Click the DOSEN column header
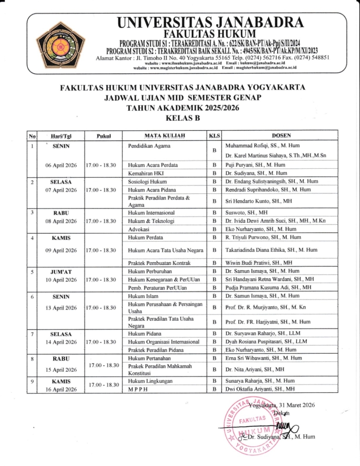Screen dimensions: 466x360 point(281,135)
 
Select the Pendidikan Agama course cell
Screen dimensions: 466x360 point(147,147)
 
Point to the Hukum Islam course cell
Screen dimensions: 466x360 point(142,296)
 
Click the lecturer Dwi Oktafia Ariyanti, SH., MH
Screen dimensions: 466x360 point(260,389)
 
